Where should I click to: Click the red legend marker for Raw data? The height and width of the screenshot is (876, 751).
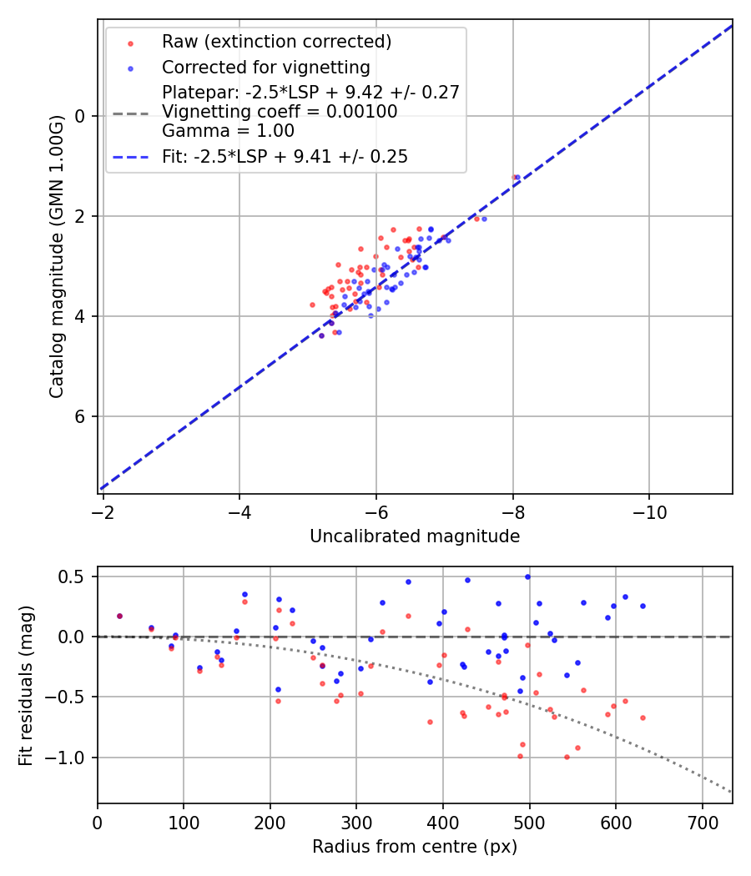[x=130, y=42]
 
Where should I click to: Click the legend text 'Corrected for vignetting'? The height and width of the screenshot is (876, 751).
[x=265, y=68]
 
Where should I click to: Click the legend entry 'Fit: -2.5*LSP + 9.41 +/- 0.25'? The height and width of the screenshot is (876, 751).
[x=285, y=157]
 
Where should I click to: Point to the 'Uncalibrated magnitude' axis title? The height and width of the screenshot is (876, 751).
[x=415, y=536]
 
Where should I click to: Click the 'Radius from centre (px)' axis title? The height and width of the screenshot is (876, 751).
[x=415, y=847]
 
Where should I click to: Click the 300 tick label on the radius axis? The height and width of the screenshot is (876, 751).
[x=356, y=821]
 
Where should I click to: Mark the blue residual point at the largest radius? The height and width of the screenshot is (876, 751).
[x=643, y=606]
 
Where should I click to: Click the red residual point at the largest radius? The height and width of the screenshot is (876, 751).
[x=643, y=717]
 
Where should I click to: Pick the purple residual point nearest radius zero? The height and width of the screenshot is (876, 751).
[x=119, y=616]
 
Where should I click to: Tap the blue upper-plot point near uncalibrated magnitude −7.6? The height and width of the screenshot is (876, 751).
[x=484, y=219]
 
